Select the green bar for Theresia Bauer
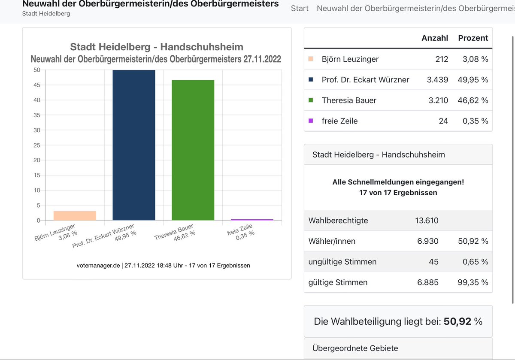click(x=193, y=150)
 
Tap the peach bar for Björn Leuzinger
click(x=75, y=215)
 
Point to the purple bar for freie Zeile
click(x=252, y=219)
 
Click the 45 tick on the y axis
click(x=37, y=85)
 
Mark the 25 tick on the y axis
click(x=37, y=145)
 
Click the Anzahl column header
click(x=434, y=38)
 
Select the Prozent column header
click(x=473, y=38)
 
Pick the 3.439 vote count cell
click(x=438, y=79)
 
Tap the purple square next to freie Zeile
click(x=311, y=121)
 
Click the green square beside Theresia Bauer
click(x=311, y=100)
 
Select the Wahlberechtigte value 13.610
click(x=427, y=221)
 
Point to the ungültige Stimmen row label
click(x=342, y=262)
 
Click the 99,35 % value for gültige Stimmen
click(x=473, y=282)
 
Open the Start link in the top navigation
click(x=300, y=8)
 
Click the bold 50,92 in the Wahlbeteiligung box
click(x=457, y=321)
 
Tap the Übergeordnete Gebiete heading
click(x=355, y=348)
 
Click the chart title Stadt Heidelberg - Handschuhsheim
click(x=157, y=47)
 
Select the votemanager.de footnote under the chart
click(x=163, y=265)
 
